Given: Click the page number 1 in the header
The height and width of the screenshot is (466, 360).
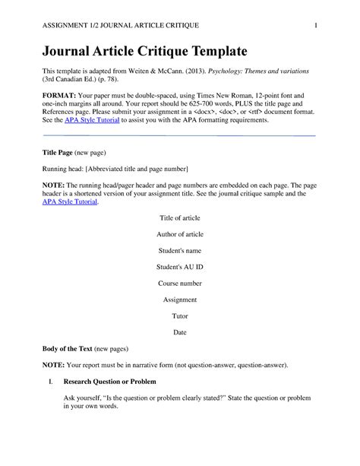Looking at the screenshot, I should pyautogui.click(x=314, y=26).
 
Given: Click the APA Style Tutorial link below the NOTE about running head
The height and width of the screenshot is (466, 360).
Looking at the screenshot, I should pyautogui.click(x=70, y=202).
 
